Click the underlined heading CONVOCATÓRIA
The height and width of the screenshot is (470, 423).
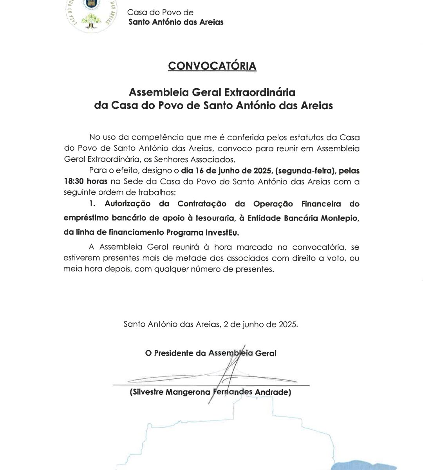coord(212,65)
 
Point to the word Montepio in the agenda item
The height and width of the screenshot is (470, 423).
coord(340,218)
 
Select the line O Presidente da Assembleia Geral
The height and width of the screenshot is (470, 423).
coord(211,353)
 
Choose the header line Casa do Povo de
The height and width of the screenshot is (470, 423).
coord(161,13)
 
